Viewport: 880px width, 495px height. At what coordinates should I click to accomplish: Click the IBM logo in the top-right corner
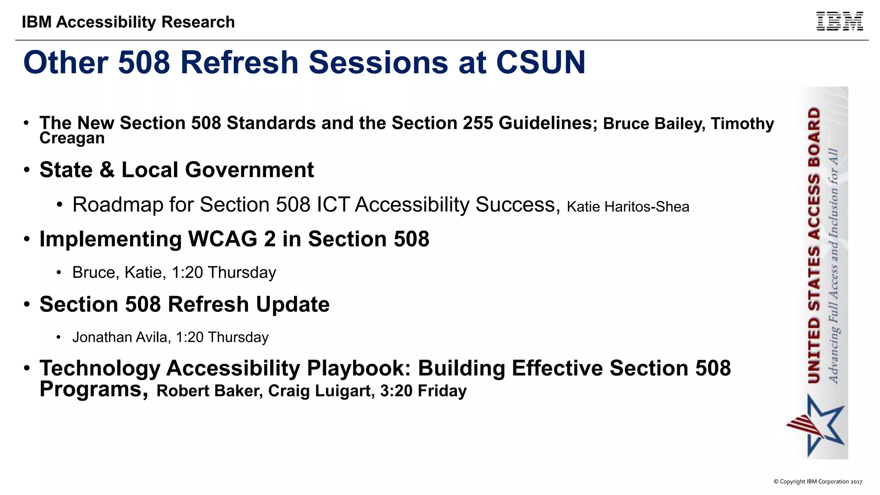pos(839,21)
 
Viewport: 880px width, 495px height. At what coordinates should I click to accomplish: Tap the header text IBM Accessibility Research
pos(128,22)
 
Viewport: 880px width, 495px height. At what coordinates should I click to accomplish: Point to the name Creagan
pos(72,138)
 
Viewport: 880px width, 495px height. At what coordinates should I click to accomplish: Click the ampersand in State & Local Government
pos(107,170)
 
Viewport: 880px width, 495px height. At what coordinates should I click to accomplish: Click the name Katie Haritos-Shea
pos(628,207)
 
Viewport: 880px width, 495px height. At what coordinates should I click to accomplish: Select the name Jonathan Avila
pos(121,337)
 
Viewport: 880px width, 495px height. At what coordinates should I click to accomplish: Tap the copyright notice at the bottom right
pos(818,482)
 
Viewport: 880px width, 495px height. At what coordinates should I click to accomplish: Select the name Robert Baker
pos(209,391)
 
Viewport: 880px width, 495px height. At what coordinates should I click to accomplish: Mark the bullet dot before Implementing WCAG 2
pos(27,239)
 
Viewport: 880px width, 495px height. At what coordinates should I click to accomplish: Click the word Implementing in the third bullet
pos(110,239)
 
